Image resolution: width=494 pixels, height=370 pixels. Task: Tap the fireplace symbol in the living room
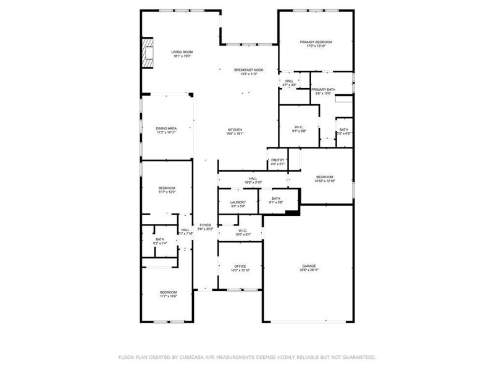click(147, 54)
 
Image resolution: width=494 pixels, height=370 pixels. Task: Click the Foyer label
click(205, 226)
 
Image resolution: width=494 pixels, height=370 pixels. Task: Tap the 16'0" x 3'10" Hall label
click(253, 180)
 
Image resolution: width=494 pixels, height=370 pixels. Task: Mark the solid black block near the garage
click(292, 213)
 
